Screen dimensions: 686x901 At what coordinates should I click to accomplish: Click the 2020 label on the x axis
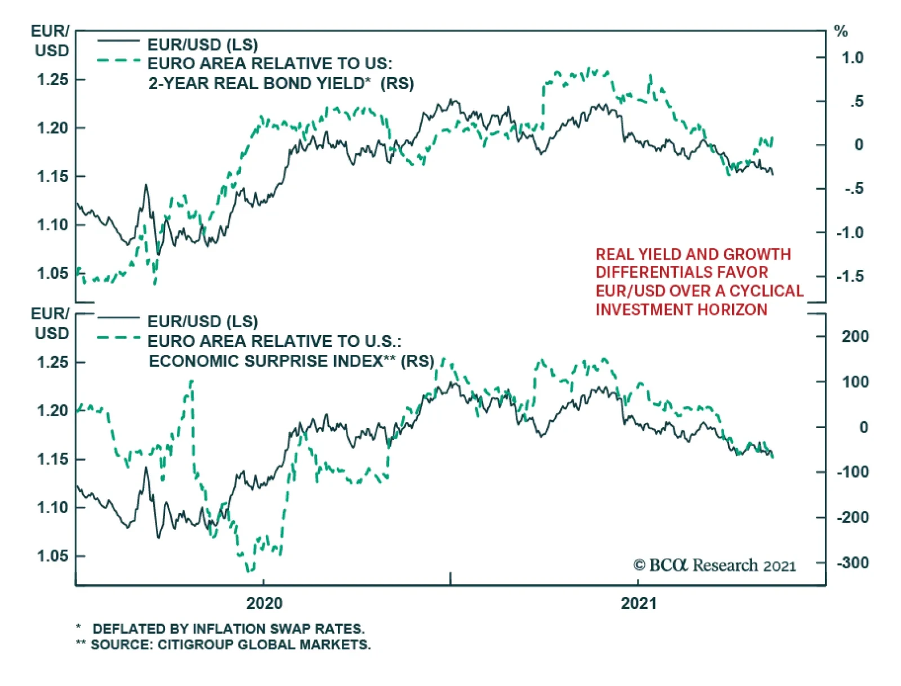click(x=264, y=603)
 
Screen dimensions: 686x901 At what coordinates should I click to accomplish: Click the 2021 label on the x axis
click(x=639, y=603)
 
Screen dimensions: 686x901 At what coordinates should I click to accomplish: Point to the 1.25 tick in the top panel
click(x=52, y=80)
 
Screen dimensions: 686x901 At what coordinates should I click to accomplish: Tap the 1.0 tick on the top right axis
click(x=852, y=57)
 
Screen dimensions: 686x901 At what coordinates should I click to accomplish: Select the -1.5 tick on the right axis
click(x=850, y=276)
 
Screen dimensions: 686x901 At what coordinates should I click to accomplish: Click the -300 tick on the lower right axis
click(x=852, y=562)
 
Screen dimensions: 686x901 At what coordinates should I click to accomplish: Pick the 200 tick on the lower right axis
click(x=855, y=336)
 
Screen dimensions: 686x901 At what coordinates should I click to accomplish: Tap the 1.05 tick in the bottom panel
click(x=52, y=556)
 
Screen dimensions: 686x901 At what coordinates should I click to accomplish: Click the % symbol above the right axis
click(x=841, y=32)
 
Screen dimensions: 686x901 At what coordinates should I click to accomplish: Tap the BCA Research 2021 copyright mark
click(x=714, y=565)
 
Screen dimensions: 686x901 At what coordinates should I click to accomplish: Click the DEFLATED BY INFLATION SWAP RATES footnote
click(x=228, y=629)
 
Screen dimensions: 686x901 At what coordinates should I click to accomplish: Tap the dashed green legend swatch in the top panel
click(x=118, y=60)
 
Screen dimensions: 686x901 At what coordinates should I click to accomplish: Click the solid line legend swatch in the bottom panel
click(x=118, y=319)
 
